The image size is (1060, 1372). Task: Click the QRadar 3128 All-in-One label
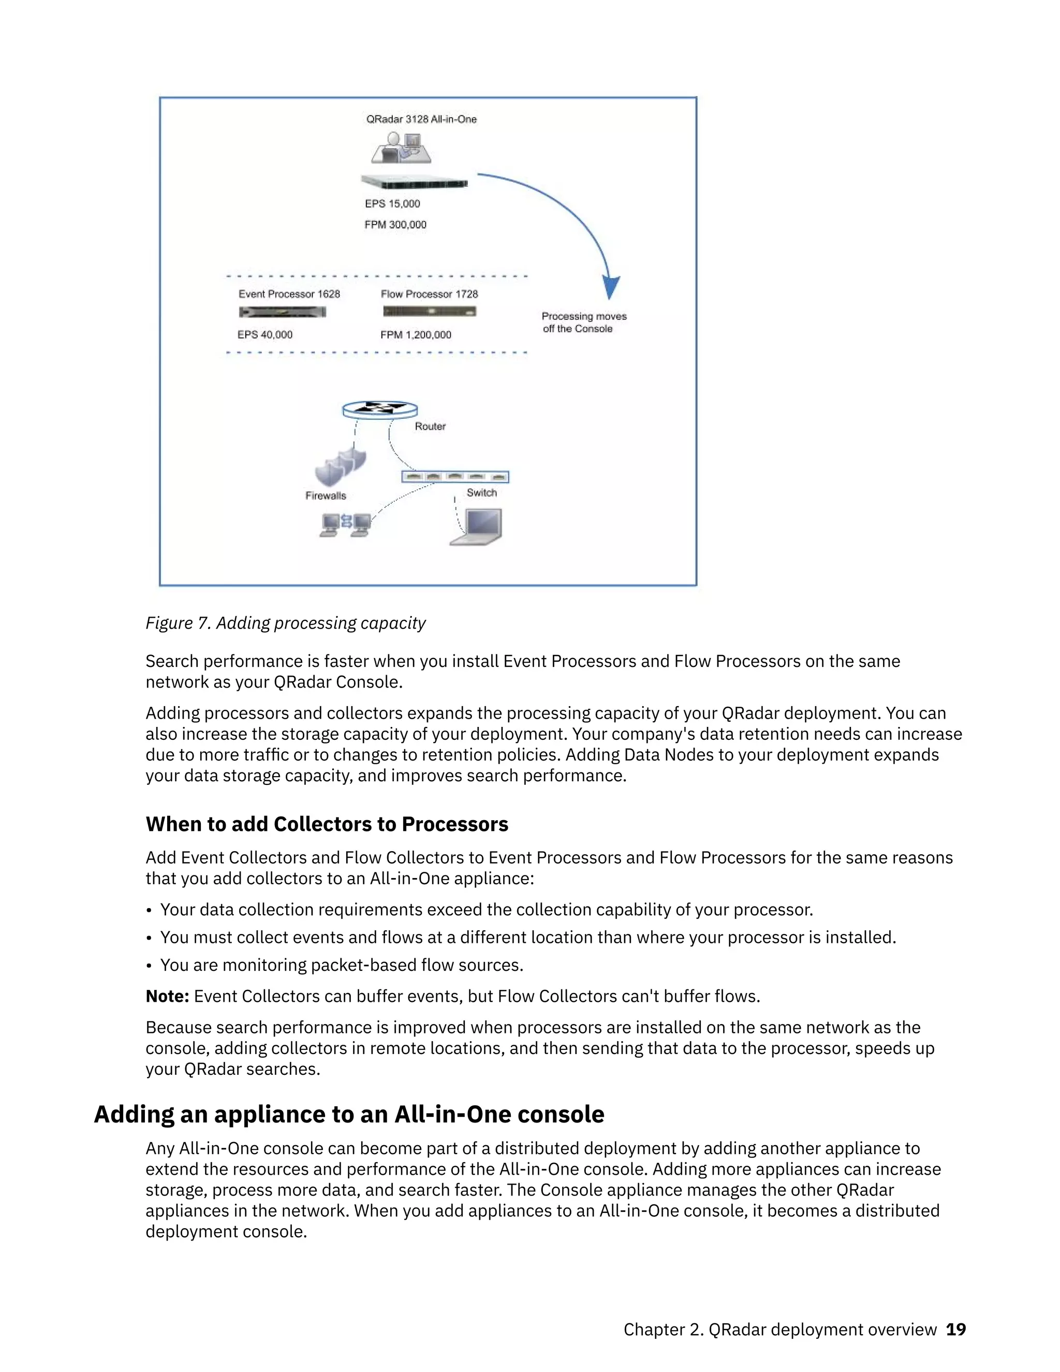click(x=421, y=120)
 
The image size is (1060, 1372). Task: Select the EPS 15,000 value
click(x=392, y=203)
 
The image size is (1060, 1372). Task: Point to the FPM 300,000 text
click(x=395, y=224)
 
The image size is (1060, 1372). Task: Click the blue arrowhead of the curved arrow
click(x=610, y=286)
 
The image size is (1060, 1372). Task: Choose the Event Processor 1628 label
click(x=289, y=294)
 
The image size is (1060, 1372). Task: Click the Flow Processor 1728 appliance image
click(x=430, y=312)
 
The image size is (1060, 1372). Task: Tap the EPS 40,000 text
click(x=265, y=335)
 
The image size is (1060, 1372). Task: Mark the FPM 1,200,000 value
click(x=416, y=335)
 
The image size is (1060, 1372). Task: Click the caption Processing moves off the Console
click(x=583, y=322)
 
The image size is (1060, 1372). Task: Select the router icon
click(x=380, y=410)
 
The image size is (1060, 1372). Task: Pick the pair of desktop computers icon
click(x=345, y=524)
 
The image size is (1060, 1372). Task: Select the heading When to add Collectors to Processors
click(x=327, y=824)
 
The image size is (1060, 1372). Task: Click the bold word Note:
click(x=167, y=996)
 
